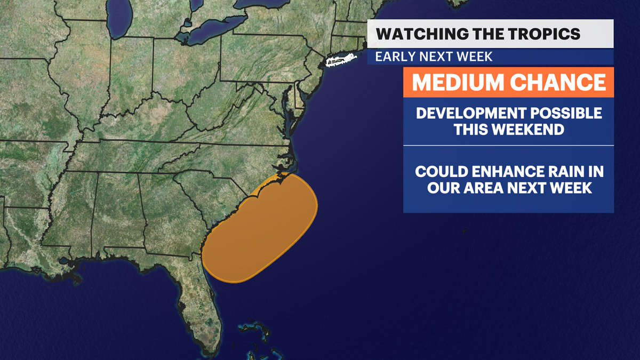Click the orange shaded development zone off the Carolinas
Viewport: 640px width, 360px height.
[261, 229]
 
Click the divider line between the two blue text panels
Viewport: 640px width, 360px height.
[508, 145]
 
